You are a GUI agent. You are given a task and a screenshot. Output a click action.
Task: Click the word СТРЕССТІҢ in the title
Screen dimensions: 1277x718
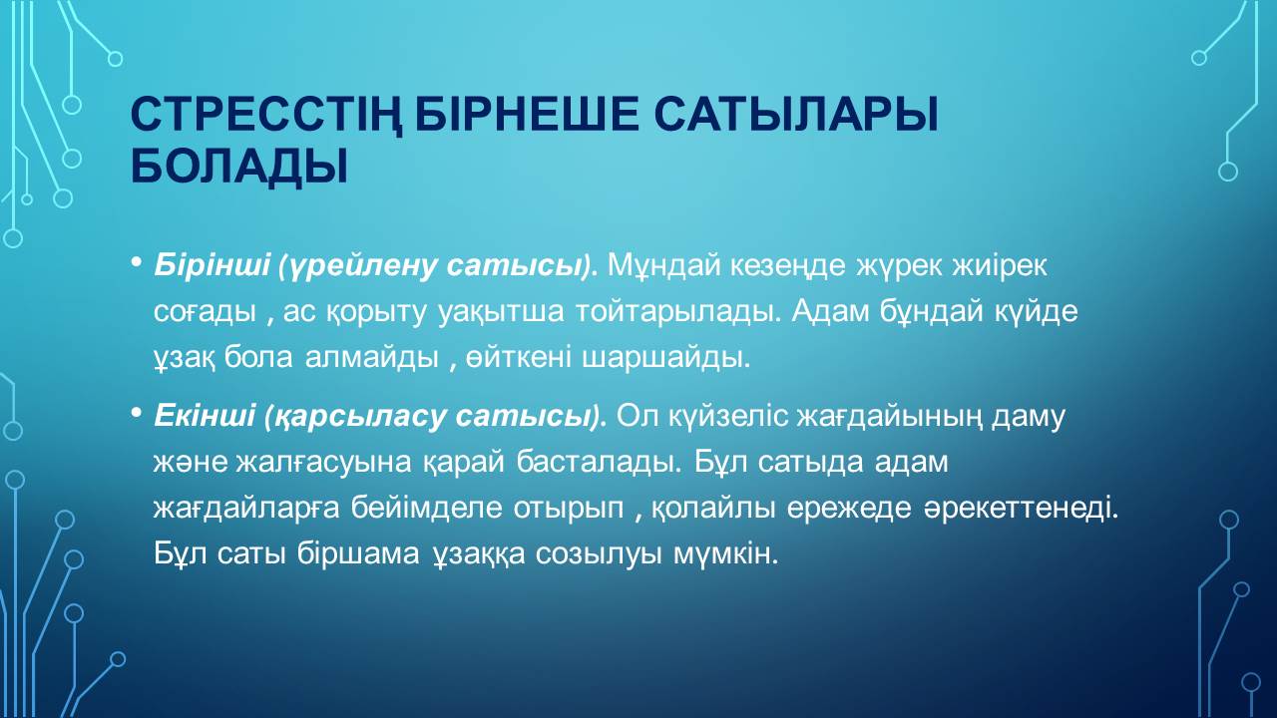[266, 116]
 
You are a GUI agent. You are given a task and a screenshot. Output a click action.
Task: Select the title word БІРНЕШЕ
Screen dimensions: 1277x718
[527, 114]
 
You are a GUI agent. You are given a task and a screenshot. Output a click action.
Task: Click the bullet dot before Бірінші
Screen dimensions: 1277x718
[136, 262]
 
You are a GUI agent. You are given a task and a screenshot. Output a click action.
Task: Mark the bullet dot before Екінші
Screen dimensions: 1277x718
[136, 413]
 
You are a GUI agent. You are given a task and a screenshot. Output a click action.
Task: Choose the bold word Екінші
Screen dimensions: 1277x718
[205, 415]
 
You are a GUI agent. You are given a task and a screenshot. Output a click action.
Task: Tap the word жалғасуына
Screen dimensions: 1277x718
[323, 463]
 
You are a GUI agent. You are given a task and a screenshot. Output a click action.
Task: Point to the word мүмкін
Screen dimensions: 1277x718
[725, 554]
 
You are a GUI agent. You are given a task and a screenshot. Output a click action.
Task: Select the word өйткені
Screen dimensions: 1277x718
[518, 358]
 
